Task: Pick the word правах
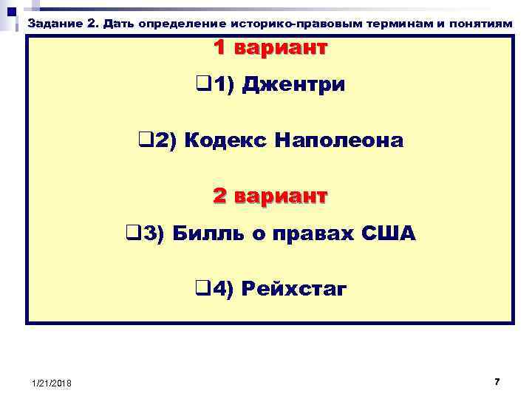coord(301,235)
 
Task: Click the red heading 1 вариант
coord(270,49)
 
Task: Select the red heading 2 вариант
coord(270,197)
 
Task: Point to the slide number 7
coord(497,381)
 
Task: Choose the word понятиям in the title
coord(484,22)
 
